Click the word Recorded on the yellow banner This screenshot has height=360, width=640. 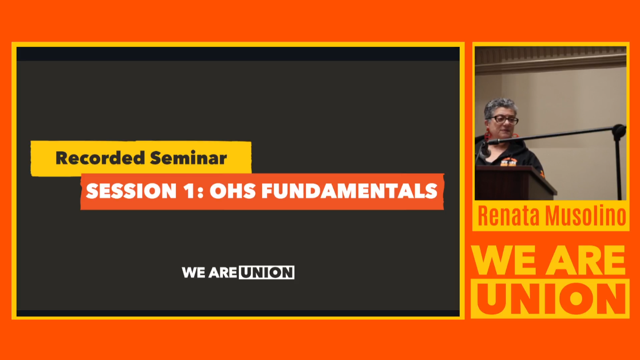[x=100, y=158]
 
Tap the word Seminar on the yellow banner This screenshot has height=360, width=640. [x=189, y=158]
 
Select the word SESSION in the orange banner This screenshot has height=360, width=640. [x=131, y=191]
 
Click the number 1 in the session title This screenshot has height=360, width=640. [x=189, y=191]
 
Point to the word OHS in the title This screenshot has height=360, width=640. [x=233, y=191]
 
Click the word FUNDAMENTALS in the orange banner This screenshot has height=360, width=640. [x=349, y=191]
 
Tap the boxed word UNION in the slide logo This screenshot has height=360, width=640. [x=267, y=272]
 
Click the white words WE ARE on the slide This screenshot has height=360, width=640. [x=209, y=272]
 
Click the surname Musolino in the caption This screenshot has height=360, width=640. [x=585, y=215]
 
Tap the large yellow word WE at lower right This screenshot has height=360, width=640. [x=506, y=260]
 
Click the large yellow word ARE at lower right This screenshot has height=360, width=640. [x=586, y=260]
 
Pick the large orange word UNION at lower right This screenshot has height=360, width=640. [x=550, y=299]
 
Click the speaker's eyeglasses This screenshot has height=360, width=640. [x=504, y=119]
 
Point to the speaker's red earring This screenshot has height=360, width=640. [x=487, y=135]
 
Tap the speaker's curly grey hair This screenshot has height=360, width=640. [x=501, y=106]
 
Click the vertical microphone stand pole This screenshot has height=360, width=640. [x=619, y=165]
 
